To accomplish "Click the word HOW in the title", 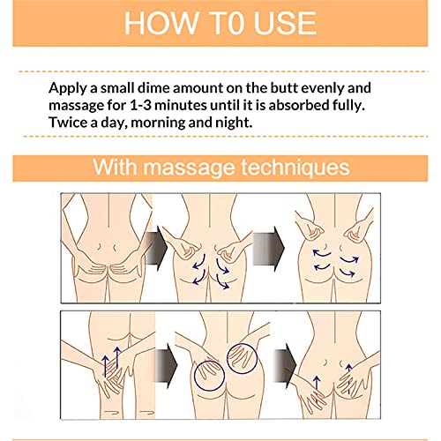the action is (161, 23).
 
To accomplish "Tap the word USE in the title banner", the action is (285, 23).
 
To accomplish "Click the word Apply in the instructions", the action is (68, 88).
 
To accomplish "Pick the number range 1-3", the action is (140, 105).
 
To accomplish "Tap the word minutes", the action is (181, 105).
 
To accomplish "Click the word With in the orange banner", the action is (115, 168).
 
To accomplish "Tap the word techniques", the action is (295, 168).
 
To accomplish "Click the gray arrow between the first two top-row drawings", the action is (157, 248).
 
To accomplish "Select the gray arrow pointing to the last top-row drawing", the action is (269, 249).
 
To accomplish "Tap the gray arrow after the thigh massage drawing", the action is (166, 365).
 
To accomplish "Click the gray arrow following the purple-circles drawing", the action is (285, 365).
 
